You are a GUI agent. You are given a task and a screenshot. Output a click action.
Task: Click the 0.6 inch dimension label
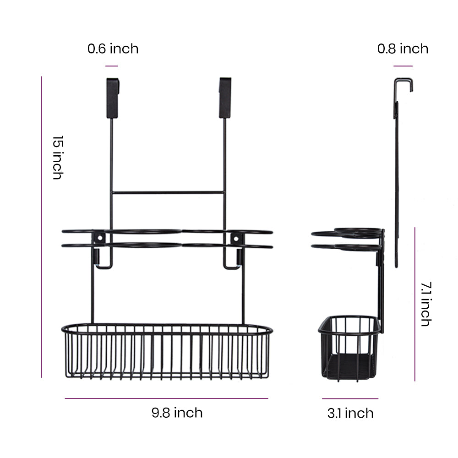(113, 49)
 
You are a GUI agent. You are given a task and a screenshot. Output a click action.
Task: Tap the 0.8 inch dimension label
(403, 49)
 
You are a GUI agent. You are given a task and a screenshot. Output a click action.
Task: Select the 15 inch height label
(57, 157)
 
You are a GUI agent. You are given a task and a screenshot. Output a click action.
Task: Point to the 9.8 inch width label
(177, 413)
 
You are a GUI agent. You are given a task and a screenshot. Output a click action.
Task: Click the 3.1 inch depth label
(350, 413)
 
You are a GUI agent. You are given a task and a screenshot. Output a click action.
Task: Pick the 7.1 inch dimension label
(426, 304)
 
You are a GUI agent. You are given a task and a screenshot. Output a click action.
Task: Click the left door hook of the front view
(112, 98)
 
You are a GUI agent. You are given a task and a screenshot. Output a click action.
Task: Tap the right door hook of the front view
(225, 98)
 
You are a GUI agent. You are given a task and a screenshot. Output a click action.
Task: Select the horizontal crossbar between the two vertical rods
(168, 193)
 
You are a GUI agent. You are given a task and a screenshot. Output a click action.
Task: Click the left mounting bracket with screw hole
(99, 238)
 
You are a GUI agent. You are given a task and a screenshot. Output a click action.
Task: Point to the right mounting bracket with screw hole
(235, 238)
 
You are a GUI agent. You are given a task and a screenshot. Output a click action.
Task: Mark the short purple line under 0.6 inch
(112, 66)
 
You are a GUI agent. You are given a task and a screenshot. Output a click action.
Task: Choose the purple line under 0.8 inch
(403, 66)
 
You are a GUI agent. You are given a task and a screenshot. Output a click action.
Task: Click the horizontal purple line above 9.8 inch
(166, 398)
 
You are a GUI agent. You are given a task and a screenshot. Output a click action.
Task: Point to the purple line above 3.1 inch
(350, 398)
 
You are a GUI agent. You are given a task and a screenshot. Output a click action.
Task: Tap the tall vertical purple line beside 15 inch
(41, 227)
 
